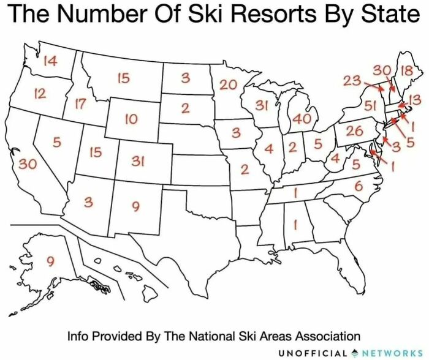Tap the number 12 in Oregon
(40, 94)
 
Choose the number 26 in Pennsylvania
(354, 130)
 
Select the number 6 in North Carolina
(359, 185)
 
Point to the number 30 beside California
(26, 163)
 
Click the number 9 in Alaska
(51, 261)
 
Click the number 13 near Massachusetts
(414, 99)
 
